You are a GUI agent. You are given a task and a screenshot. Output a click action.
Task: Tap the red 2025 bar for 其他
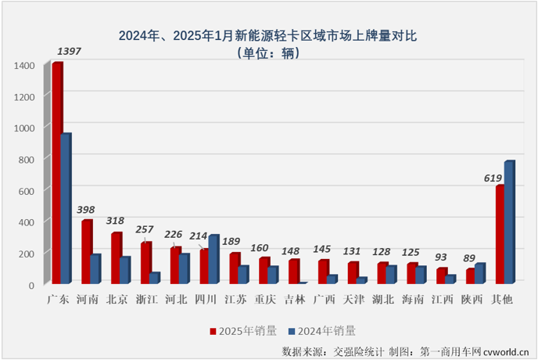click(x=500, y=234)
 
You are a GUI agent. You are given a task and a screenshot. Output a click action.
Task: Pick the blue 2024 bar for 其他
click(x=509, y=222)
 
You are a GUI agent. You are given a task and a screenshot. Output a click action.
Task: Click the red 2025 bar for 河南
click(x=86, y=252)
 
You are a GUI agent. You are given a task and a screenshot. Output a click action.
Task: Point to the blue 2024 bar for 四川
click(x=214, y=259)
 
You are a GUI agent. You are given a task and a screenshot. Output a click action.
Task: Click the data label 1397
click(x=68, y=52)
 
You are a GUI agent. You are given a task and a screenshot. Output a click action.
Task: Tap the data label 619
click(x=493, y=178)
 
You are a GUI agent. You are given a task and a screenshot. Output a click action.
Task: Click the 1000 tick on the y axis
click(x=24, y=128)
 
